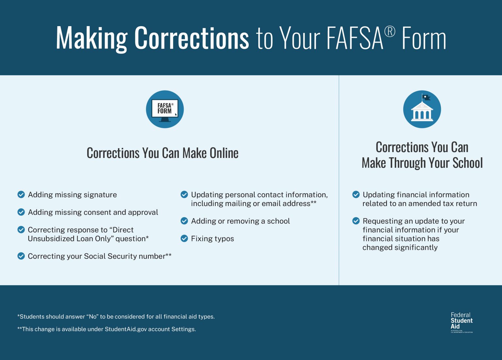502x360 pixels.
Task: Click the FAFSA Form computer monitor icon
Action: (165, 109)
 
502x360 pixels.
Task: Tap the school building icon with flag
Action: (422, 109)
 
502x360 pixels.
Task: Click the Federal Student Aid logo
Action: (461, 322)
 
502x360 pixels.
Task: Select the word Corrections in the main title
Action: (192, 38)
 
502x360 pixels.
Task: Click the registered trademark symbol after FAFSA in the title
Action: (390, 32)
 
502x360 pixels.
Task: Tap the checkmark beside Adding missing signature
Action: (21, 195)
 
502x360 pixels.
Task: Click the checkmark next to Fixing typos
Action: (184, 238)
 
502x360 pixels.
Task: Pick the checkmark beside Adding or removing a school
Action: (184, 221)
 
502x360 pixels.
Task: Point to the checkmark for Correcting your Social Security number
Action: (21, 256)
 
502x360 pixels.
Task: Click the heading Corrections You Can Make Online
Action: (162, 153)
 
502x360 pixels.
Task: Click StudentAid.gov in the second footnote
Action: (126, 329)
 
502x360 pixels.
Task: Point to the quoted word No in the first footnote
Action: (93, 317)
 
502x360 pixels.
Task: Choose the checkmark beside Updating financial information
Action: (356, 195)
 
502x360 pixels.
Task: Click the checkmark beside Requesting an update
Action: (356, 221)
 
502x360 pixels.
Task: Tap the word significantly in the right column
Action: (416, 248)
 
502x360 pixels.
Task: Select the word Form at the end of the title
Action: (424, 39)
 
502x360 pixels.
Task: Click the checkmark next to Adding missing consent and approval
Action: (21, 212)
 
